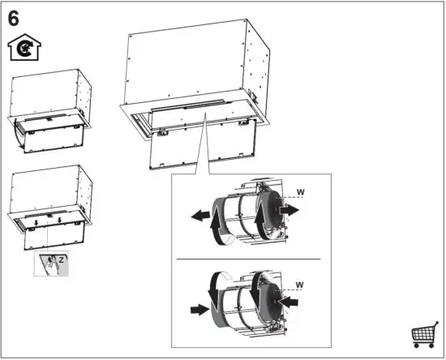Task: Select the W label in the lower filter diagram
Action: (x=300, y=285)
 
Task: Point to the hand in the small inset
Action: (x=50, y=264)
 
